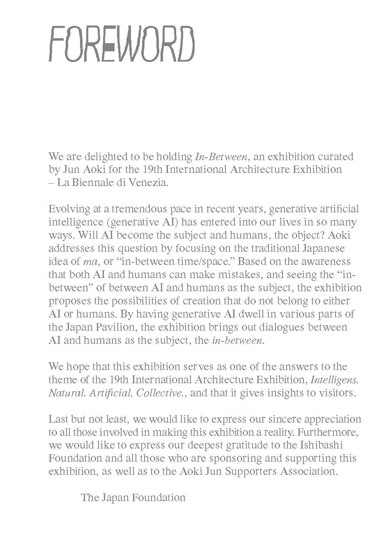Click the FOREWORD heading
[x=122, y=44]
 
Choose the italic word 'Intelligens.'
[x=336, y=380]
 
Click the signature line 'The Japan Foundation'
[x=133, y=498]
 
